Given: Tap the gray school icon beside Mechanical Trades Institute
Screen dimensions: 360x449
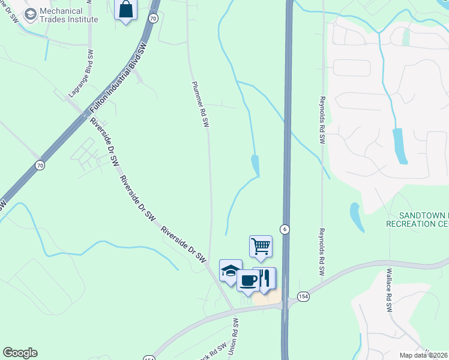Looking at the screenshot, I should coord(31,13).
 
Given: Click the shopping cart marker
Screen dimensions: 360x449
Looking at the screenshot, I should coord(261,246).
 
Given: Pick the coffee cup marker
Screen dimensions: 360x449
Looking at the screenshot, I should coord(248,280).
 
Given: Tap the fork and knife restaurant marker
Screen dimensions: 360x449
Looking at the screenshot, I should coord(265,278).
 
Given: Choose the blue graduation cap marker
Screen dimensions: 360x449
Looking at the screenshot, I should coord(231,271).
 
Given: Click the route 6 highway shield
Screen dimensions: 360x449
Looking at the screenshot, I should coord(285,229).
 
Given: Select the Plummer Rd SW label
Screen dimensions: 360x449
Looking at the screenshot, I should coord(199,104).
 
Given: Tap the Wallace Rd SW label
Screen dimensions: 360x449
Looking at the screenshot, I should coord(388,292).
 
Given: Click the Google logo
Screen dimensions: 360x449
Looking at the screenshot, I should coord(20,353).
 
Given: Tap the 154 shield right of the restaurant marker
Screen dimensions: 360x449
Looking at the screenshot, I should coord(303,298).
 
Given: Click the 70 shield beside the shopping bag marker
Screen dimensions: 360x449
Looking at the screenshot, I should coord(154,19).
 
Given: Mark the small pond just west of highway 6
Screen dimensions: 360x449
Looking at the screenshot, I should coord(256,165).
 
